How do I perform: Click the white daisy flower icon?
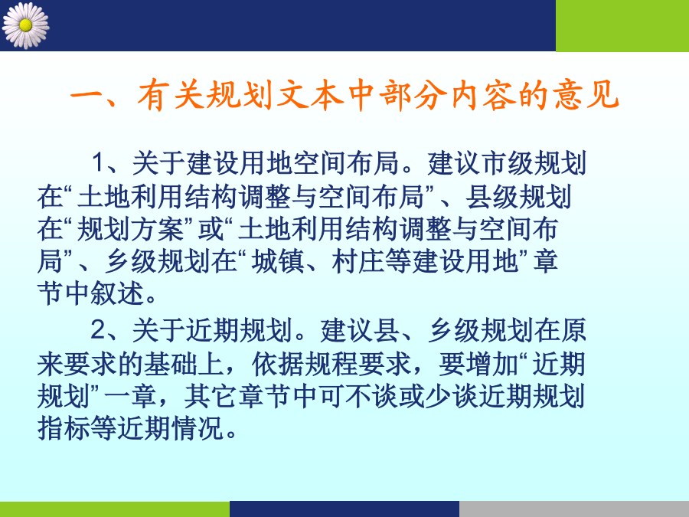click(x=25, y=25)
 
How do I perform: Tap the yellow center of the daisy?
click(x=25, y=25)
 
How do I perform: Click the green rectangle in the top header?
click(x=622, y=25)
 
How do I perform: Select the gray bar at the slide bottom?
click(x=574, y=509)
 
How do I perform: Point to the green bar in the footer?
click(x=115, y=509)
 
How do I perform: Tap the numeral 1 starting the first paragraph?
click(x=99, y=162)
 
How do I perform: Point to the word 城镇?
click(x=278, y=261)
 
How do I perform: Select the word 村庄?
click(x=358, y=261)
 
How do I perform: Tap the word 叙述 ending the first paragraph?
click(x=117, y=293)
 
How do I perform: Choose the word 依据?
click(x=278, y=364)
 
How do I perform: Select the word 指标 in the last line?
click(x=64, y=428)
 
